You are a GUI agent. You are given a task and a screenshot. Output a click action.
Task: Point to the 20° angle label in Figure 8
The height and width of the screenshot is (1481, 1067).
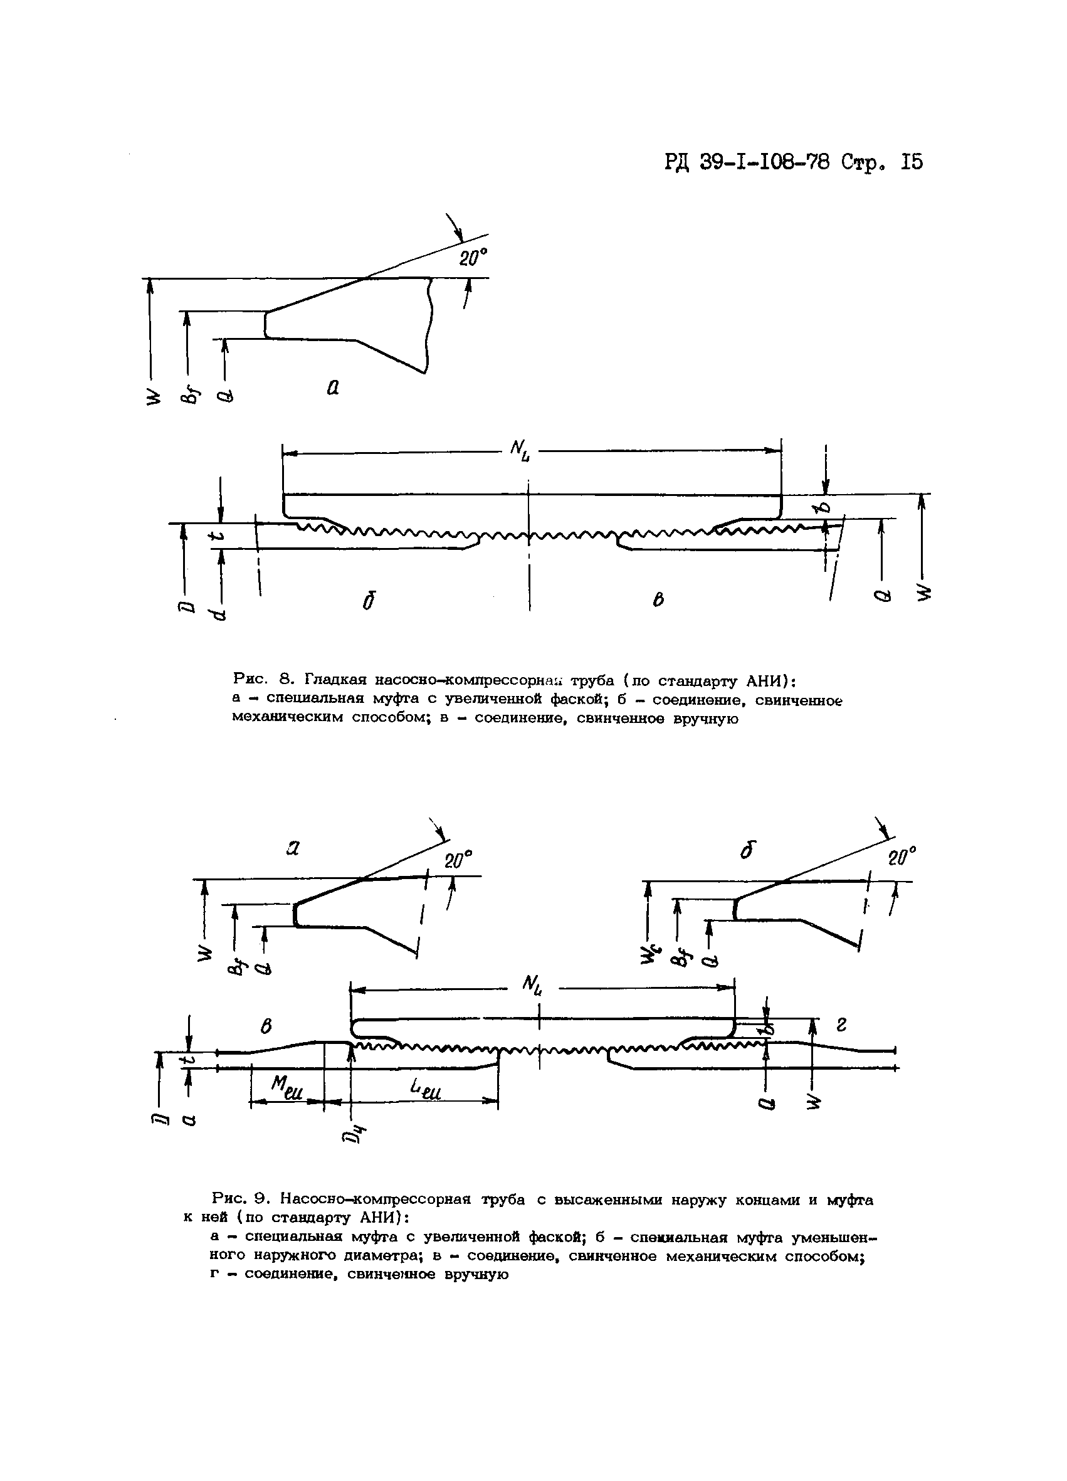click(473, 258)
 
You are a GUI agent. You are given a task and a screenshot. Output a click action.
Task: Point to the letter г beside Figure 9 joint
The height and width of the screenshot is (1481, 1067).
click(842, 1026)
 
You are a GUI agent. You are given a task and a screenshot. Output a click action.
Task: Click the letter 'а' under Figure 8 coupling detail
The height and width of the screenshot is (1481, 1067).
click(333, 388)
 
